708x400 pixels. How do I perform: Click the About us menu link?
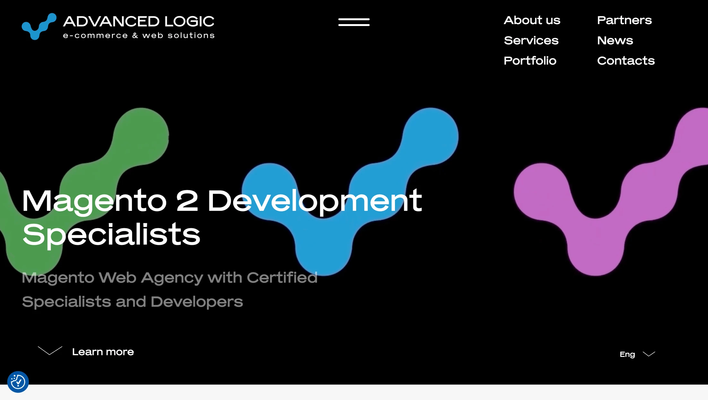click(532, 20)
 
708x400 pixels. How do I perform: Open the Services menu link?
click(531, 40)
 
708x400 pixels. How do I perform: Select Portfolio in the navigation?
click(530, 61)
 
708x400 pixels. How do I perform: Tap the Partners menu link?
click(624, 20)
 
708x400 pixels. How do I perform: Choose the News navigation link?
click(615, 40)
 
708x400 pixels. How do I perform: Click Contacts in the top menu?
click(626, 61)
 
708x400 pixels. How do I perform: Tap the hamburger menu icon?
click(354, 22)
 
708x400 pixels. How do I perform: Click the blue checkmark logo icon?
click(39, 27)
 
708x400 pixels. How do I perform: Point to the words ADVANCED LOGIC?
click(138, 22)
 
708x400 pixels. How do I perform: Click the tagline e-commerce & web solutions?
click(139, 35)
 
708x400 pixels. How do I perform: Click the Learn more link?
click(103, 352)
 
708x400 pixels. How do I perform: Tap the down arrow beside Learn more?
click(50, 351)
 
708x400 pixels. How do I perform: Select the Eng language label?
click(627, 354)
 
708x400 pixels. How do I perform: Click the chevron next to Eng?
click(649, 354)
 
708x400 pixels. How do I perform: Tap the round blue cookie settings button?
click(18, 382)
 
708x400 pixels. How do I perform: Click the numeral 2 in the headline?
click(187, 201)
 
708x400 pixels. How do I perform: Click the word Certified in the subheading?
click(282, 277)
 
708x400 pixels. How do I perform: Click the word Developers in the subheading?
click(197, 302)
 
